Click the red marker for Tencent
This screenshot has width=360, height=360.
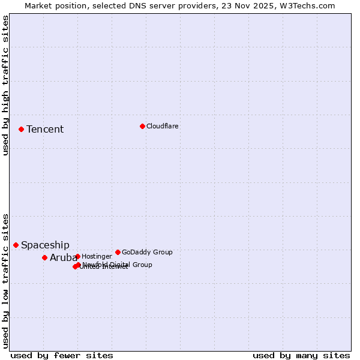(x=21, y=129)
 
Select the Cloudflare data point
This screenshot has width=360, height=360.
(x=142, y=126)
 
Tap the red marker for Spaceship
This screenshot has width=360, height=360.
(x=16, y=245)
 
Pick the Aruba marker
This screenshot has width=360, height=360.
(x=44, y=257)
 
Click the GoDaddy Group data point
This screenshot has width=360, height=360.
(x=118, y=252)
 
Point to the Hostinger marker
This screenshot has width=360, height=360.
(x=77, y=256)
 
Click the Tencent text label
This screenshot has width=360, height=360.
(x=45, y=130)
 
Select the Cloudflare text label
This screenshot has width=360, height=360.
(x=163, y=126)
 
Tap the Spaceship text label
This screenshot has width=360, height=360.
(x=45, y=245)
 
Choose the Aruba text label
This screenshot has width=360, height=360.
(x=63, y=258)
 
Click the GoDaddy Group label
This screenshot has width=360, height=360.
(x=147, y=252)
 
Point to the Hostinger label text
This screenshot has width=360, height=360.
(x=97, y=256)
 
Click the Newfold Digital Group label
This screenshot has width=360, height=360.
(x=117, y=265)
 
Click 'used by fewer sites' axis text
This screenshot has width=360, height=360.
(x=62, y=355)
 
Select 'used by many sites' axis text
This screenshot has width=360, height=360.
(x=301, y=355)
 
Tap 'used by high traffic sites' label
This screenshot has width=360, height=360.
(x=6, y=85)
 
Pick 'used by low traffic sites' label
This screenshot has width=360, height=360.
(x=6, y=280)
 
